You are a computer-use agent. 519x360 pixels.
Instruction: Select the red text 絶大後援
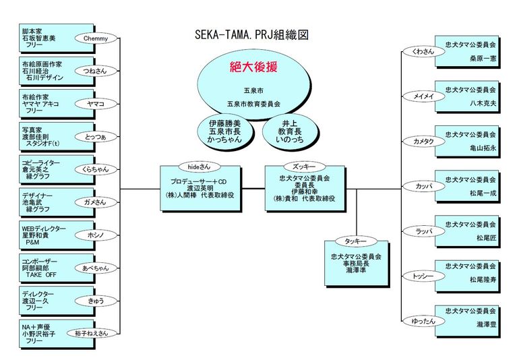click(x=254, y=67)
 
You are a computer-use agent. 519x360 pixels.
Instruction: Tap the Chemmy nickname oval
click(x=96, y=38)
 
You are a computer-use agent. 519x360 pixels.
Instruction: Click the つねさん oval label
click(x=95, y=70)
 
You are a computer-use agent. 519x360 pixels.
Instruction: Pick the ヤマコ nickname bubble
click(x=95, y=104)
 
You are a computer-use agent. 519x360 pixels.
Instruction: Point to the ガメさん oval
click(x=95, y=202)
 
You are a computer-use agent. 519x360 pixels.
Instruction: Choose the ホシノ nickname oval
click(x=95, y=235)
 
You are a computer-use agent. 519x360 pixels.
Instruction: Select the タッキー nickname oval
click(x=355, y=241)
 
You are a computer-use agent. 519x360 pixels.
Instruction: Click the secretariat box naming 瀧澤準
click(x=356, y=262)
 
